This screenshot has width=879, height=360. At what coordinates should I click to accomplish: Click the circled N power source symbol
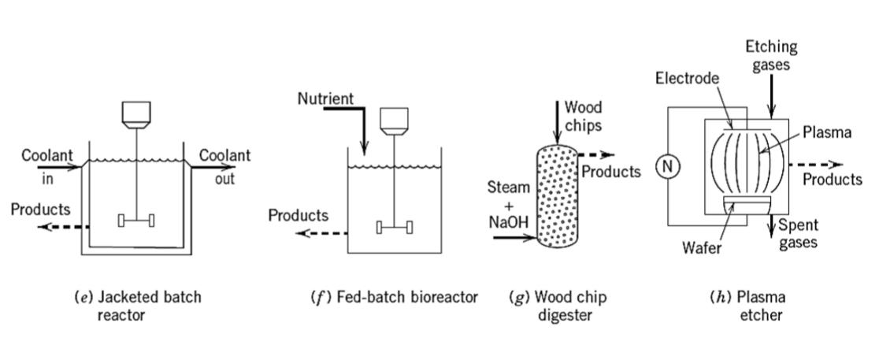click(x=667, y=166)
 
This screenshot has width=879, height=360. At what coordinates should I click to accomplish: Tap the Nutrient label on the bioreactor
click(x=326, y=99)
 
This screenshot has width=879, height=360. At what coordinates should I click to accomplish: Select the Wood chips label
click(x=583, y=116)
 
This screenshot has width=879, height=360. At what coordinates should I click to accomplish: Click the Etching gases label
click(x=771, y=55)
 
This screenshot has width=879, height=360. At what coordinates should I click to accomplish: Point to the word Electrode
click(x=687, y=78)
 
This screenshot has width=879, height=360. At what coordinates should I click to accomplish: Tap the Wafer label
click(x=701, y=246)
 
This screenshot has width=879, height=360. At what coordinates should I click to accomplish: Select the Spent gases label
click(x=796, y=234)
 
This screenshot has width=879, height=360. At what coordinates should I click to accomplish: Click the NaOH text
click(x=509, y=223)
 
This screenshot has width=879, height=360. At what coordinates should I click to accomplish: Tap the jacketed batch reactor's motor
click(x=136, y=115)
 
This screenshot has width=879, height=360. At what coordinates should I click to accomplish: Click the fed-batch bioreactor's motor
click(x=394, y=121)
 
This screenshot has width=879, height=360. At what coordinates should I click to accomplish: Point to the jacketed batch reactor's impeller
click(x=136, y=221)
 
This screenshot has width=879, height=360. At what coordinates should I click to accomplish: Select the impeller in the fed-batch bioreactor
click(x=394, y=227)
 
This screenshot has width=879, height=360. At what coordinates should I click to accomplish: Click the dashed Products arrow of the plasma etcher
click(x=816, y=165)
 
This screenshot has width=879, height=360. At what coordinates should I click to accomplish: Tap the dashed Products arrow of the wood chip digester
click(x=596, y=154)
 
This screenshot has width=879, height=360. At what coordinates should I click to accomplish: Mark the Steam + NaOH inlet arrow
click(x=514, y=238)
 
